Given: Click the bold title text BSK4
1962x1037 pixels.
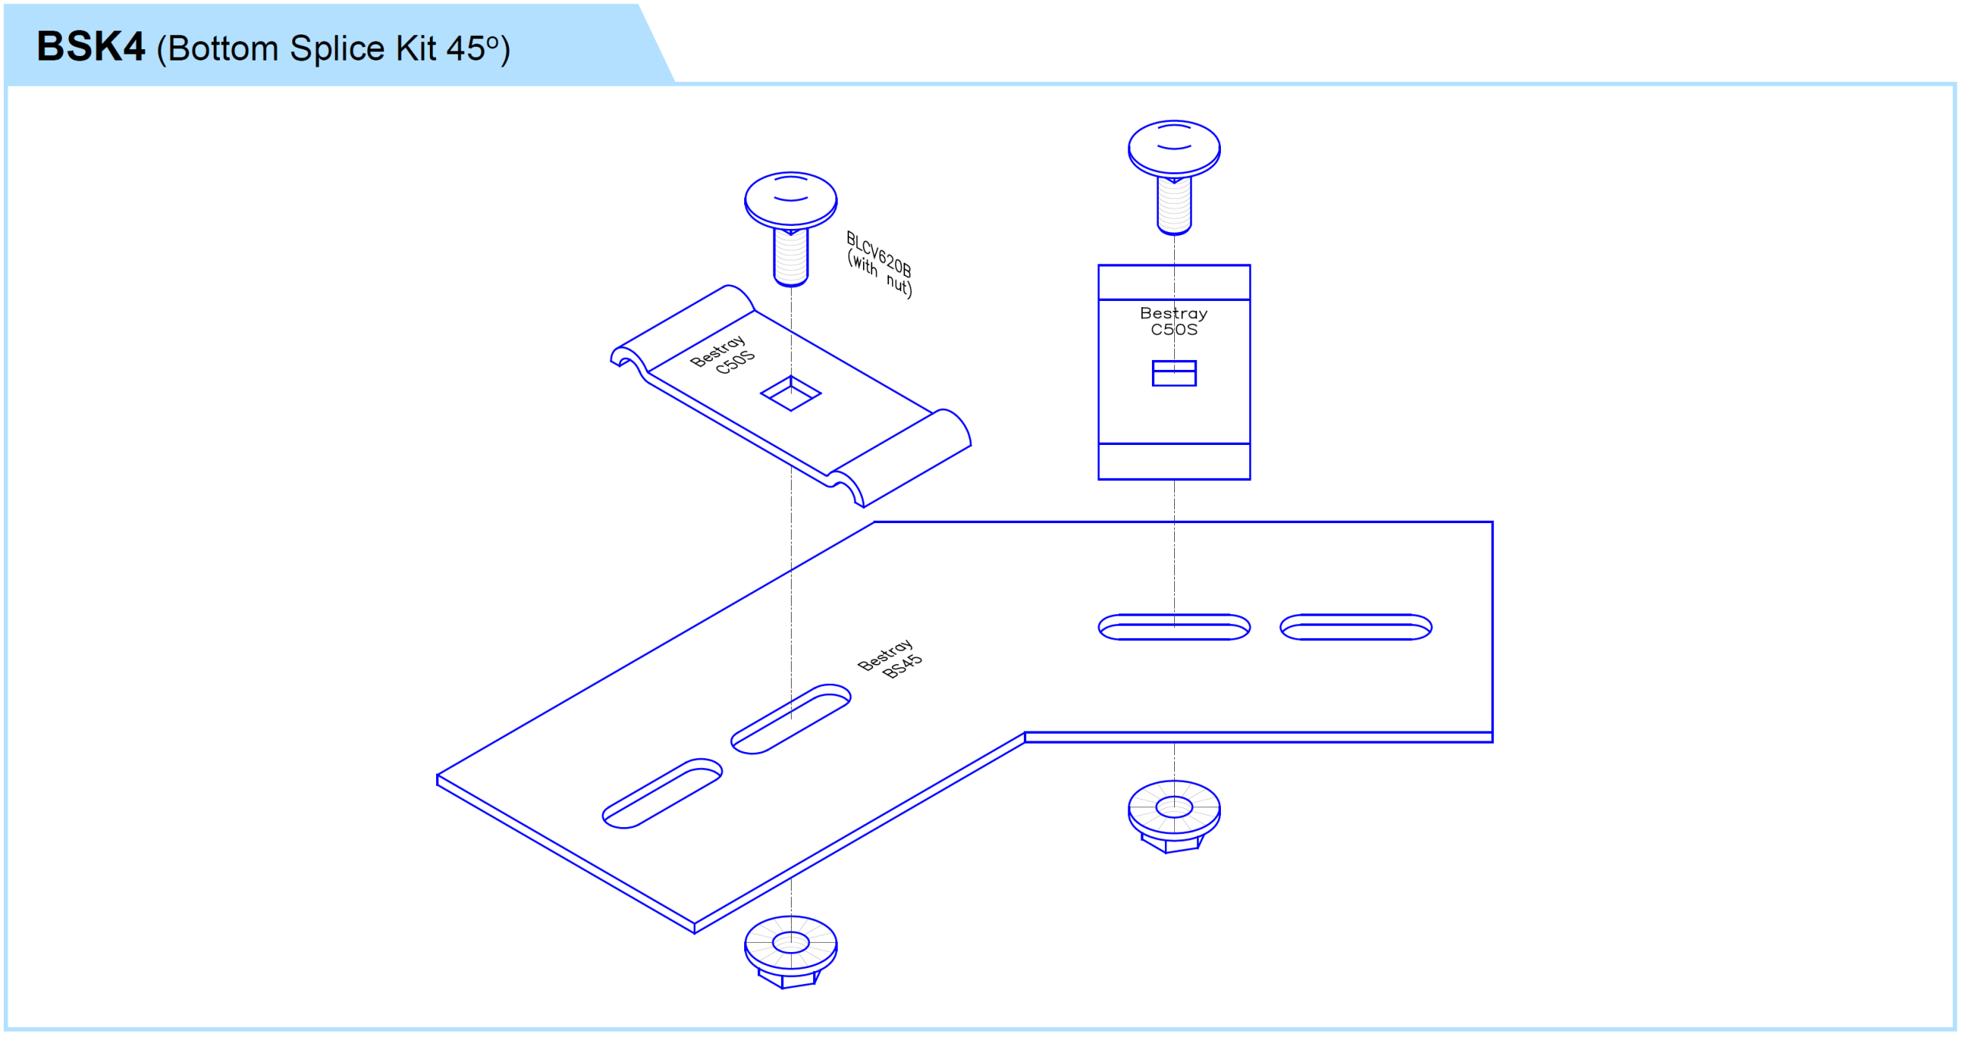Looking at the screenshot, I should point(90,47).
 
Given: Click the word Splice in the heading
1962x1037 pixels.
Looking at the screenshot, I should point(337,49).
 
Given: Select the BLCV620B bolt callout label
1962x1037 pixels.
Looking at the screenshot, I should point(879,253).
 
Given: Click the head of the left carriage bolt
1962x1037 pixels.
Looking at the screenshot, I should point(790,198).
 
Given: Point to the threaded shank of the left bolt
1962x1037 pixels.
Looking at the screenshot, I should point(790,257).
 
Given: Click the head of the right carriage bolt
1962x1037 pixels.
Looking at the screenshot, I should point(1173,147).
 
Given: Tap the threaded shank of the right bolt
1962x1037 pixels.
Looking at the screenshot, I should point(1173,204).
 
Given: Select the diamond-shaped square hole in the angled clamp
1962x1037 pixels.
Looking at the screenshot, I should point(790,393).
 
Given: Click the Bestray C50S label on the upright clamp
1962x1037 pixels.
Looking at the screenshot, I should point(1173,322).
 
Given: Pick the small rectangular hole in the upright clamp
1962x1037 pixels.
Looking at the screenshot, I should point(1173,373).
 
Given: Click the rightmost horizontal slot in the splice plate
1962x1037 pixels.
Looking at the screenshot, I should point(1355,626).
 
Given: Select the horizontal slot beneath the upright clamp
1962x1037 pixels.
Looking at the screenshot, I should point(1173,626).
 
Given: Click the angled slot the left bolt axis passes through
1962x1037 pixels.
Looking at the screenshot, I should point(790,719).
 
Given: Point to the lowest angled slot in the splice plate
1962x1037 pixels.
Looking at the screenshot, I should point(662,793).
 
